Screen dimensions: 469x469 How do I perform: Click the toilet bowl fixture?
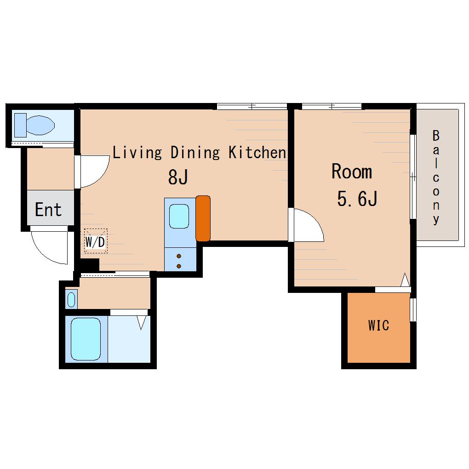pyautogui.click(x=34, y=125)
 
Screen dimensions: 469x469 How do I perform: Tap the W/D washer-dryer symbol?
pyautogui.click(x=96, y=241)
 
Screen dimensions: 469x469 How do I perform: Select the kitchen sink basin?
pyautogui.click(x=179, y=215)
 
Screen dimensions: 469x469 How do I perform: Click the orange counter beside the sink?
pyautogui.click(x=203, y=218)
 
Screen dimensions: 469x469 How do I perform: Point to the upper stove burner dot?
pyautogui.click(x=179, y=256)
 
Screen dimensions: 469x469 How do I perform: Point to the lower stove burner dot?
pyautogui.click(x=179, y=266)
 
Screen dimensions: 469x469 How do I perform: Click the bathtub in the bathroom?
pyautogui.click(x=86, y=339)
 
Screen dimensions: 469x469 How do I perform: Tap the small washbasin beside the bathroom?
pyautogui.click(x=71, y=299)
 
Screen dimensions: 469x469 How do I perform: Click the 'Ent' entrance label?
pyautogui.click(x=48, y=209)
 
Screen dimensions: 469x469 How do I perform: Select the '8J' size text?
pyautogui.click(x=178, y=177)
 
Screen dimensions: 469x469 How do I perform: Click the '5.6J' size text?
pyautogui.click(x=357, y=198)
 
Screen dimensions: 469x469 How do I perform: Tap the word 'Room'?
pyautogui.click(x=352, y=172)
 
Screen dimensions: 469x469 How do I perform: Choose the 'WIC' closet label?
pyautogui.click(x=379, y=326)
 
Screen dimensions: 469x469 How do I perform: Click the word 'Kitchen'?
pyautogui.click(x=257, y=152)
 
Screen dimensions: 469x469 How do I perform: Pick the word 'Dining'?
pyautogui.click(x=195, y=152)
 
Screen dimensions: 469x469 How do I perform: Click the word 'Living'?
pyautogui.click(x=137, y=152)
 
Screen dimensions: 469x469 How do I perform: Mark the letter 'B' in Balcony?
pyautogui.click(x=436, y=136)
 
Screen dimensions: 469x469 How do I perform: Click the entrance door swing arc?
pyautogui.click(x=44, y=253)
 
